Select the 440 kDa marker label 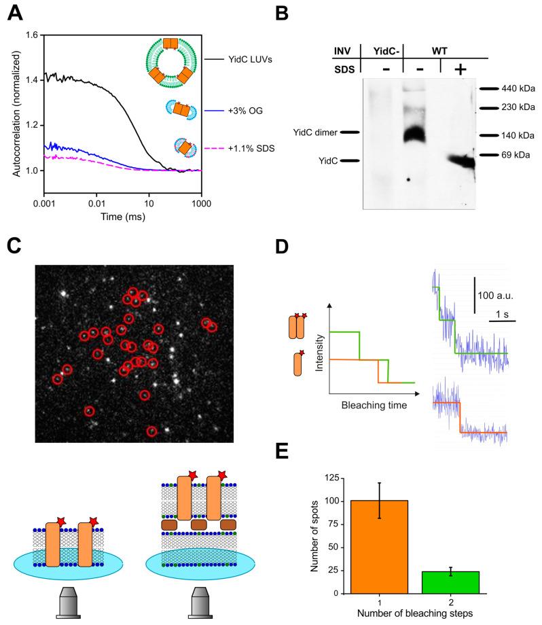click(513, 88)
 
